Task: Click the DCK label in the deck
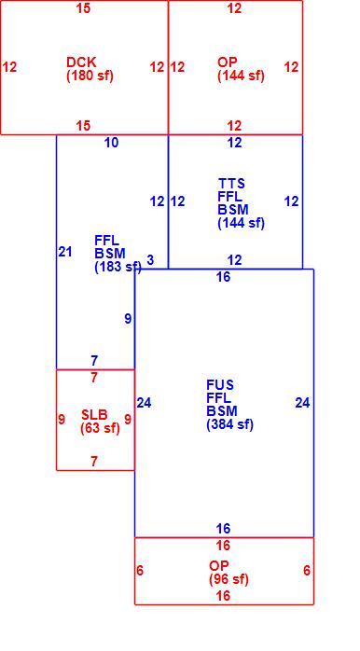pos(81,62)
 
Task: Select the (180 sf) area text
pos(90,76)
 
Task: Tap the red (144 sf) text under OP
pos(241,76)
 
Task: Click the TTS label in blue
pos(231,183)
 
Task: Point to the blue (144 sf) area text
pos(241,223)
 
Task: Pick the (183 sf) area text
pos(118,267)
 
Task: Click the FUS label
pos(220,385)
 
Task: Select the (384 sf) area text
pos(230,424)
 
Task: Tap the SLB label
pos(94,414)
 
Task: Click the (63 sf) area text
pos(100,428)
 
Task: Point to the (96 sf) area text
pos(229,579)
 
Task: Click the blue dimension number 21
pos(65,252)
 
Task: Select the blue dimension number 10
pos(111,143)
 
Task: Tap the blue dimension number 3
pos(150,260)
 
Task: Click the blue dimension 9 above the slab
pos(128,318)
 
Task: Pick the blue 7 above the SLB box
pos(94,361)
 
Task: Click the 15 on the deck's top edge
pos(83,7)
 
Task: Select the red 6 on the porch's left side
pos(140,571)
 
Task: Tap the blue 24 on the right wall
pos(302,402)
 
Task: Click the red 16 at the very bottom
pos(223,596)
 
